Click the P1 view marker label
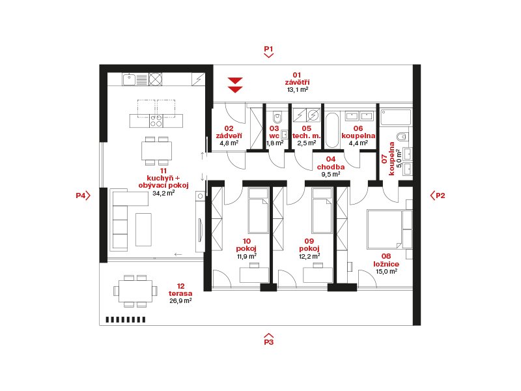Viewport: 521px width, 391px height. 268,49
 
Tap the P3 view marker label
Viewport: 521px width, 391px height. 268,341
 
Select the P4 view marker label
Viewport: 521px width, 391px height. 81,195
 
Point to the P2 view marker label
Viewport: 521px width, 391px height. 440,195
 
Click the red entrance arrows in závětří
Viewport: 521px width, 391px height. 235,85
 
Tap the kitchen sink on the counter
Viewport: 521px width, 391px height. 129,80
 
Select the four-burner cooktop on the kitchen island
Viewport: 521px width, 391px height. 156,121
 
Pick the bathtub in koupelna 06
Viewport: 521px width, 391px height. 332,130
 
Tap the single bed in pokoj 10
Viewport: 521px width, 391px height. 258,210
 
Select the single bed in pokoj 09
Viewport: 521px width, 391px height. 322,210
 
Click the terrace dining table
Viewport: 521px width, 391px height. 135,291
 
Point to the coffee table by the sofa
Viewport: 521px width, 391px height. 143,230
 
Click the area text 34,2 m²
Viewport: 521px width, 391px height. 163,193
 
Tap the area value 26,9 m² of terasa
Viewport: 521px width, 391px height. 180,301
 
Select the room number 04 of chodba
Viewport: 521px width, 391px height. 331,159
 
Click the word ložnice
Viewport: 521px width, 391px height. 386,264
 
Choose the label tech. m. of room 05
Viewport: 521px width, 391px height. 306,136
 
